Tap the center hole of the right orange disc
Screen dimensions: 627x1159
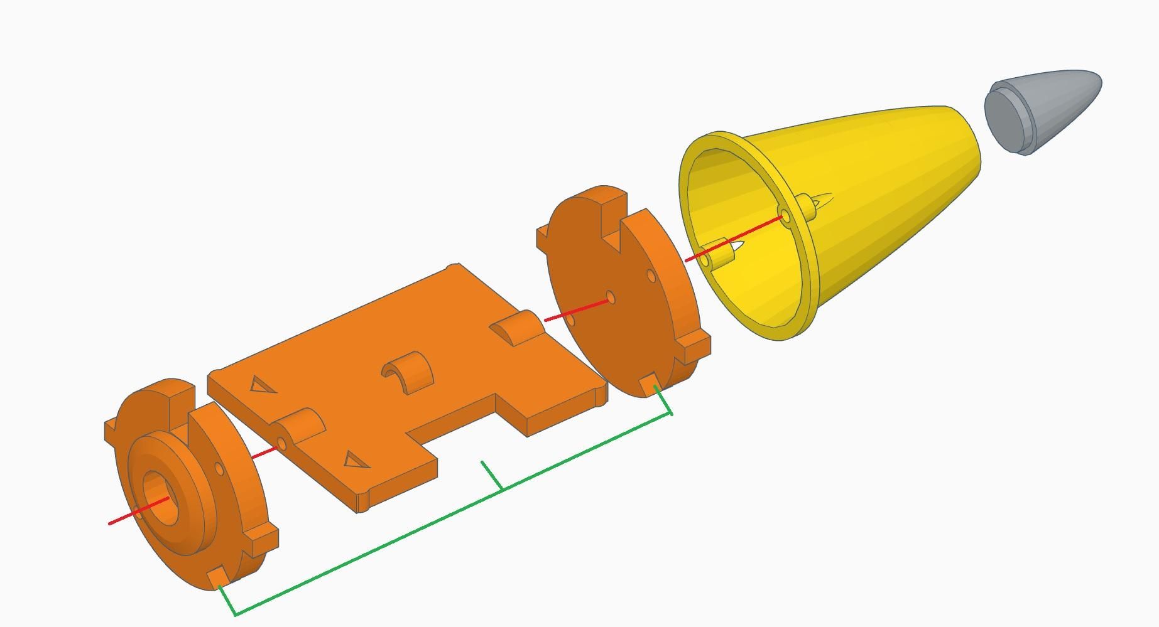click(x=610, y=297)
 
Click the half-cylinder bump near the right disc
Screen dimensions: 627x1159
click(x=515, y=326)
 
